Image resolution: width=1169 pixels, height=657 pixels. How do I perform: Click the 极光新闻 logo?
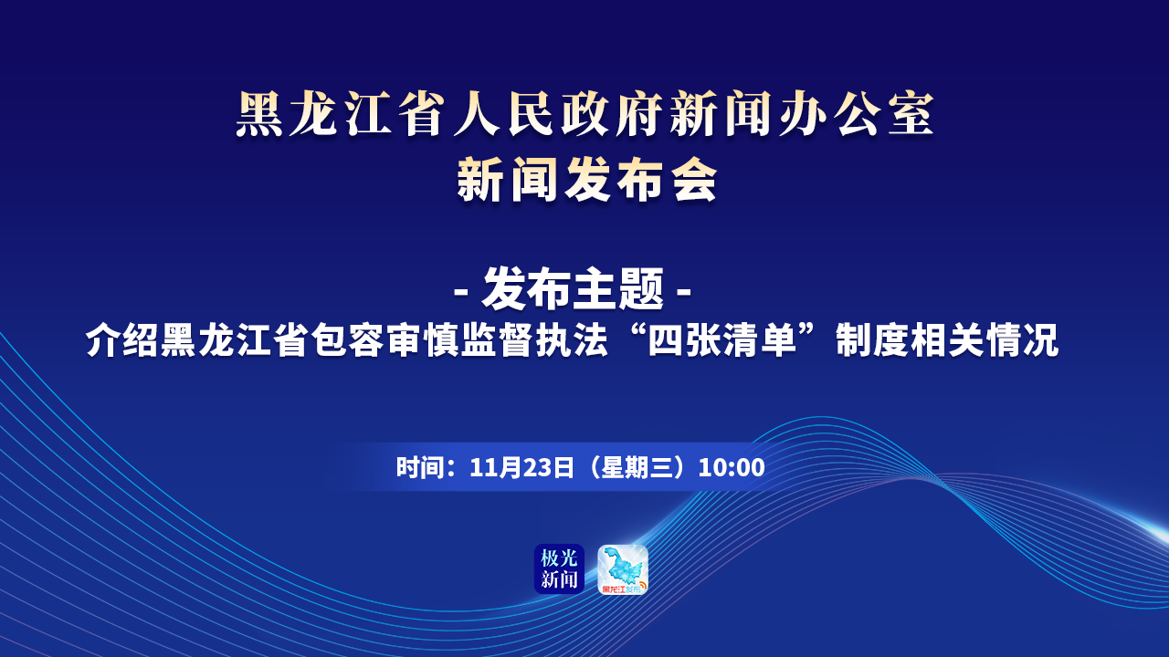click(559, 568)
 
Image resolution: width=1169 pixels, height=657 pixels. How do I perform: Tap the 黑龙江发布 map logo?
click(623, 568)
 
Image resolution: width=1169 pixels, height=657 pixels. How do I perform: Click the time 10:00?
click(732, 467)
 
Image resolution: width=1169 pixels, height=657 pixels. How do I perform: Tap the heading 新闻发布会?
click(586, 180)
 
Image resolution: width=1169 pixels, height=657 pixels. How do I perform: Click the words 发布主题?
click(573, 288)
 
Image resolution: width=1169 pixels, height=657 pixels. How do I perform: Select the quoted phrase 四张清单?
click(722, 340)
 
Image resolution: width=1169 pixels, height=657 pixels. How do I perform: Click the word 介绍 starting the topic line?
click(123, 340)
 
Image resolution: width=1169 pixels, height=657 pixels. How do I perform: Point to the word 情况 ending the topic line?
click(1022, 340)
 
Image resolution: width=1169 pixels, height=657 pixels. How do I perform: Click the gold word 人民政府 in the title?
click(557, 114)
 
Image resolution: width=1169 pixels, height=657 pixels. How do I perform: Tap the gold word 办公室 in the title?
click(856, 114)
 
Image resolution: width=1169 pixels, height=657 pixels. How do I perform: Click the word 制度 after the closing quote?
click(872, 340)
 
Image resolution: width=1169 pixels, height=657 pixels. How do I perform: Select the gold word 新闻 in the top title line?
click(721, 114)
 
